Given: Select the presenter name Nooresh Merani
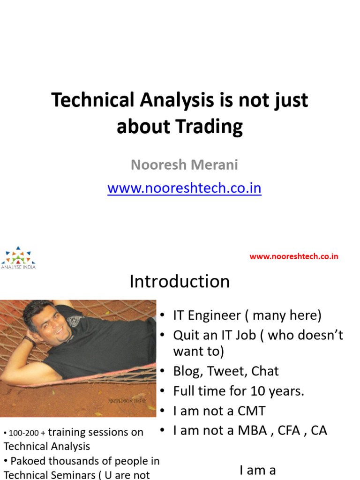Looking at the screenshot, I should [x=184, y=165].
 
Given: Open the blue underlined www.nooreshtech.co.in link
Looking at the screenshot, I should [x=184, y=188].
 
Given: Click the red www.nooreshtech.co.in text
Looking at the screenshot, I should [x=294, y=256].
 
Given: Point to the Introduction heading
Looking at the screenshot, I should [x=180, y=282].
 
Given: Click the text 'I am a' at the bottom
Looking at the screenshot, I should [x=258, y=470].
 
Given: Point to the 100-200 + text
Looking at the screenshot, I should [x=26, y=433].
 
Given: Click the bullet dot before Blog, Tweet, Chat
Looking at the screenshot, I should [x=162, y=371].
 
